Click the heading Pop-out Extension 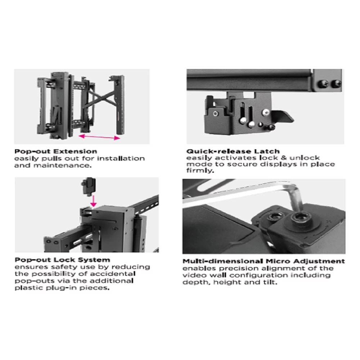coord(56,151)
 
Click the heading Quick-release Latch coord(233,151)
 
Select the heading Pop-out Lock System coord(62,260)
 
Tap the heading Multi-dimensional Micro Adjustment coord(264,261)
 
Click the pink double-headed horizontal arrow coord(99,137)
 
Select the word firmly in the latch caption coord(200,171)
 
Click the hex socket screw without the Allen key coord(275,216)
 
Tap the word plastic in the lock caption coord(29,288)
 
